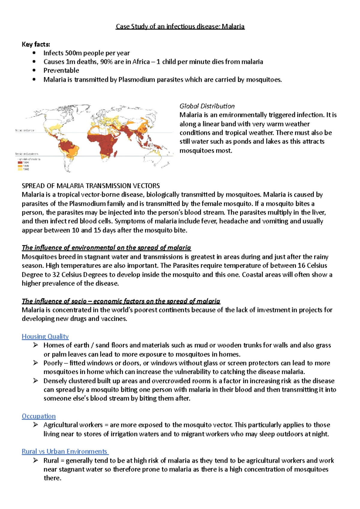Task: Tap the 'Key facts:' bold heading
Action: [36, 44]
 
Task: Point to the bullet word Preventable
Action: [61, 70]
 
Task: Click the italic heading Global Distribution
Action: [207, 106]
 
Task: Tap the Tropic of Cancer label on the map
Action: [25, 130]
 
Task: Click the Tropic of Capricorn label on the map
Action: [26, 154]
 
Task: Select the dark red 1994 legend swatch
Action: [20, 162]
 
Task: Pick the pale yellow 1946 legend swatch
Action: [20, 169]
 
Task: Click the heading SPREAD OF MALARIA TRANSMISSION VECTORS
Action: [91, 186]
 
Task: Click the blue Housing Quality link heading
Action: [45, 336]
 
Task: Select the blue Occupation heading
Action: [38, 416]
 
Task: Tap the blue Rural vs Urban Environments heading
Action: [65, 451]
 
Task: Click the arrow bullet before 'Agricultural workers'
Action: [36, 425]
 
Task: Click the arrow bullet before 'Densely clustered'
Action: [36, 381]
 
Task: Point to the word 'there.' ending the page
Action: [52, 478]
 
